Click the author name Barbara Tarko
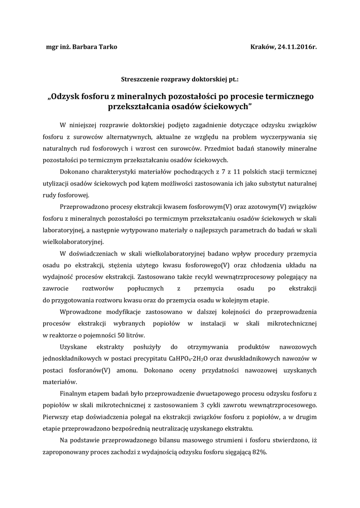(x=95, y=47)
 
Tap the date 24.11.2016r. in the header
(x=296, y=47)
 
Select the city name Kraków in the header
(x=263, y=47)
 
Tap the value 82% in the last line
(x=259, y=452)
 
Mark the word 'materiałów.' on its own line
(x=60, y=381)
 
